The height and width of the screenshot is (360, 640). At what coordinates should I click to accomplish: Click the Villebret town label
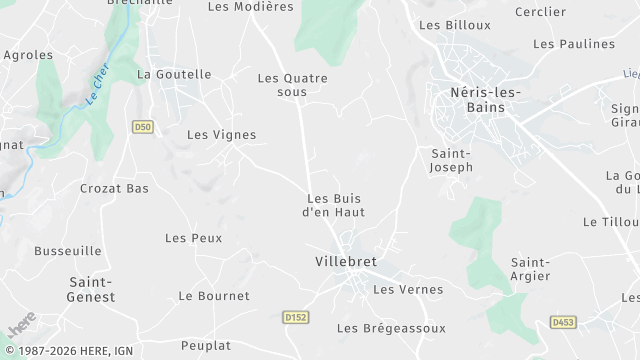(x=346, y=262)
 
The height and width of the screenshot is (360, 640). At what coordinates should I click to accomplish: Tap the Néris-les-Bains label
(x=479, y=101)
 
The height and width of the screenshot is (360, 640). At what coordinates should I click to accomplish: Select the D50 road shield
(x=143, y=127)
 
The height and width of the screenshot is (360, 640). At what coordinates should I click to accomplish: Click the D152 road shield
(x=294, y=317)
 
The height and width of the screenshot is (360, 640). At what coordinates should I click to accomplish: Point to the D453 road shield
(x=562, y=322)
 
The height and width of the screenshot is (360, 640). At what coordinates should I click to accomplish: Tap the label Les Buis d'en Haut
(x=335, y=205)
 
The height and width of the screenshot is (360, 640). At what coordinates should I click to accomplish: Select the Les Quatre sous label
(x=292, y=85)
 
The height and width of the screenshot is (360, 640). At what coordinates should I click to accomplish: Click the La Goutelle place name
(x=174, y=74)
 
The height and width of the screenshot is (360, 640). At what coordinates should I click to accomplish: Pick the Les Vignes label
(x=221, y=135)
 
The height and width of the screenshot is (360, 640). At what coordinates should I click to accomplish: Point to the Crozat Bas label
(x=114, y=188)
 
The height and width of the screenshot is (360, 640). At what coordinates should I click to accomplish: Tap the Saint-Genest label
(x=91, y=289)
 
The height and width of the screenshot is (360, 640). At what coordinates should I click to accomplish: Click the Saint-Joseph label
(x=451, y=160)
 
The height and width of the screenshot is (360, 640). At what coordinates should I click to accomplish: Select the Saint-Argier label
(x=530, y=269)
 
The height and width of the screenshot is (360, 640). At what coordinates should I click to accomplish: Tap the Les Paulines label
(x=573, y=44)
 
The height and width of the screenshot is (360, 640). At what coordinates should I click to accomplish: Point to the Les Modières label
(x=250, y=6)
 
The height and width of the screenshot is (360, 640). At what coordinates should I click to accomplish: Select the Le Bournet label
(x=214, y=296)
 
